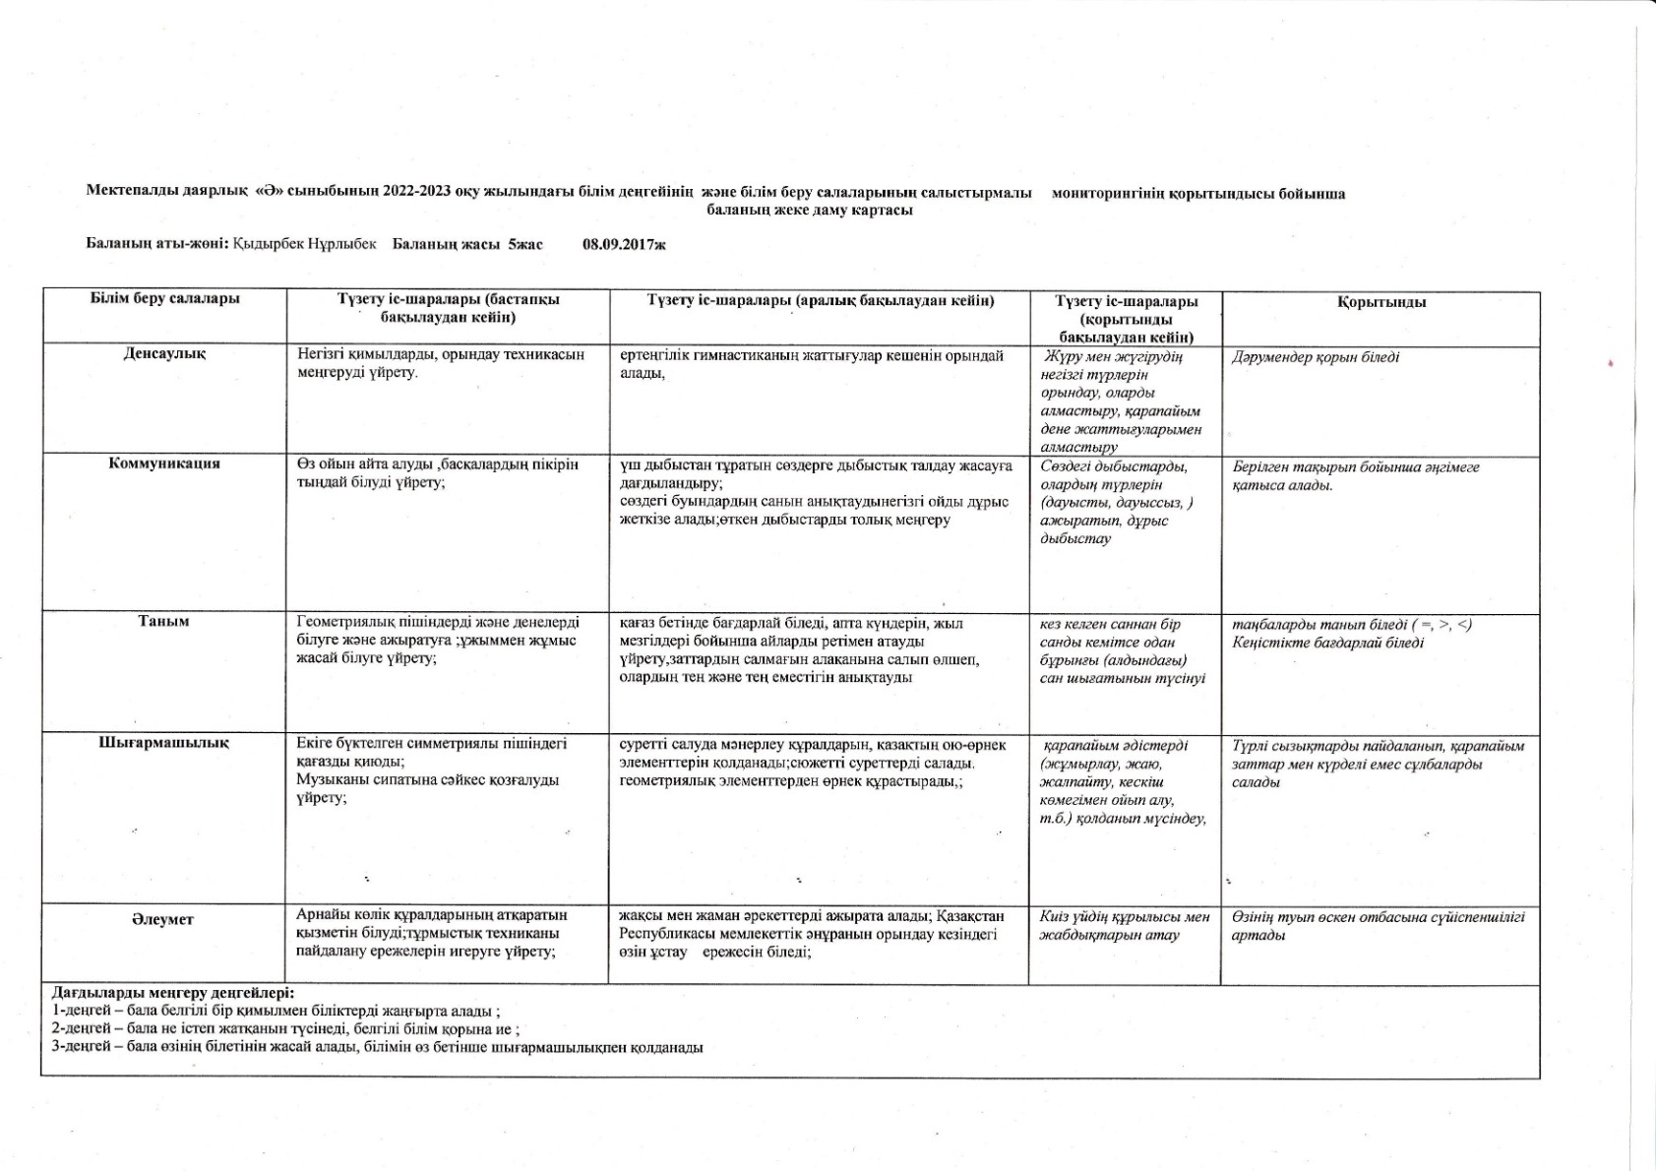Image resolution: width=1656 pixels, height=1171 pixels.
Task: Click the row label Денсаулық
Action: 164,353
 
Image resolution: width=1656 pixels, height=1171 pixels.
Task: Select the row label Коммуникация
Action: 164,463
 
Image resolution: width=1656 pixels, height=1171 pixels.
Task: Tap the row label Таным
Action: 164,622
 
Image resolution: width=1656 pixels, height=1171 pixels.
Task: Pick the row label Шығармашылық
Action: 164,743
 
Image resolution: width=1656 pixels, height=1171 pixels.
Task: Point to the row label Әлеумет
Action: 164,919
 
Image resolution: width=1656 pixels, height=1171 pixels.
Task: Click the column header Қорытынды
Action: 1381,302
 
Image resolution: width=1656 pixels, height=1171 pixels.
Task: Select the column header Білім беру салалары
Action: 165,299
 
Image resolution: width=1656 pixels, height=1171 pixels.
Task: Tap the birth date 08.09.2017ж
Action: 624,244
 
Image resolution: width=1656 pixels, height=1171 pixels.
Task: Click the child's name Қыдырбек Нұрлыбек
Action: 305,244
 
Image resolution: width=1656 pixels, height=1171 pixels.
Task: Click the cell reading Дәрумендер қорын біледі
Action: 1315,357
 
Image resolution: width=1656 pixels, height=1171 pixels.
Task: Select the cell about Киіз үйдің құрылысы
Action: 1125,926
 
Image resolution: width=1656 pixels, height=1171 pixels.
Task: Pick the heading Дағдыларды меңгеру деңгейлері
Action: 173,993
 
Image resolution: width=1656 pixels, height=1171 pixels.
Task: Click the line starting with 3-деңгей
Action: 377,1047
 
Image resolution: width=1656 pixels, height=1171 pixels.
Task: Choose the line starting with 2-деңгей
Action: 285,1028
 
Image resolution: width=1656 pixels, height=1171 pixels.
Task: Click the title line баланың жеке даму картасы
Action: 810,211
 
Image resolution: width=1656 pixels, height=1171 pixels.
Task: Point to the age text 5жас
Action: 525,244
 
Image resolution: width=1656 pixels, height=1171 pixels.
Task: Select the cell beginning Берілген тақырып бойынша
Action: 1355,476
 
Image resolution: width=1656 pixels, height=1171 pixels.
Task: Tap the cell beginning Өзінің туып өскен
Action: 1378,926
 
